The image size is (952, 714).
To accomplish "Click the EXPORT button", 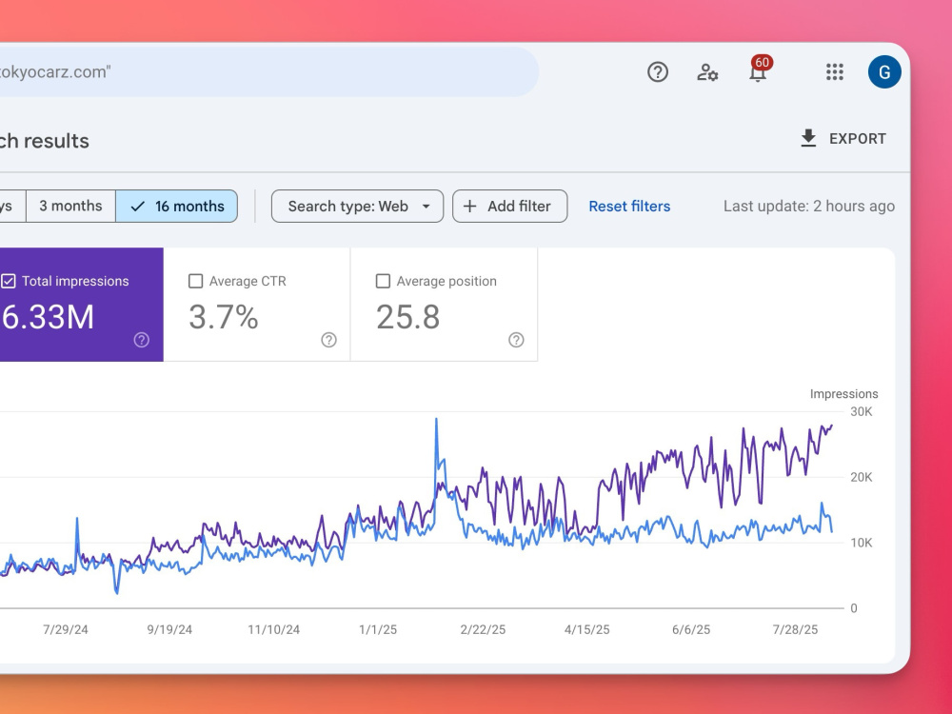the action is (843, 138).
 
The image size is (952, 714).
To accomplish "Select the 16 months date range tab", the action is (177, 207).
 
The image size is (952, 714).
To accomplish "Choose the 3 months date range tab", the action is (70, 207).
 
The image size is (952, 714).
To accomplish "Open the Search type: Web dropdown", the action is (358, 207).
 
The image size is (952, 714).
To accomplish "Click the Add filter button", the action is (510, 207).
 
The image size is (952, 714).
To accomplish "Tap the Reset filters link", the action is (629, 207).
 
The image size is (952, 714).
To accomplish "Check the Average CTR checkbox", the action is (195, 281).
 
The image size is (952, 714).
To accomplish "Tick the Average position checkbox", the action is (383, 281).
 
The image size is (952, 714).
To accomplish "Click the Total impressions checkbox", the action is (9, 281).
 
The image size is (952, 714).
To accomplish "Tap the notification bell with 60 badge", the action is (759, 70).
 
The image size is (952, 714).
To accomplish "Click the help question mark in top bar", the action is (658, 72).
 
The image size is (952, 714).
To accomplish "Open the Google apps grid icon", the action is (835, 72).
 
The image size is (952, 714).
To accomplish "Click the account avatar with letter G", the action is (884, 72).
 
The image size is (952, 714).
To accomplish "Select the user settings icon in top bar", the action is (707, 72).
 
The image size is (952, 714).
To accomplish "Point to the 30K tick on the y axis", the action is (862, 411).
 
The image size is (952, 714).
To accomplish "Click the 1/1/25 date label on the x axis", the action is (378, 629).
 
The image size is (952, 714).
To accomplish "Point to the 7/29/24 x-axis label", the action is (66, 629).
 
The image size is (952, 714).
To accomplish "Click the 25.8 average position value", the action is (408, 317).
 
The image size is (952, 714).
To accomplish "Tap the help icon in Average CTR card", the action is (329, 340).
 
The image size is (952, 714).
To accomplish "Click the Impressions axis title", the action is (843, 394).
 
